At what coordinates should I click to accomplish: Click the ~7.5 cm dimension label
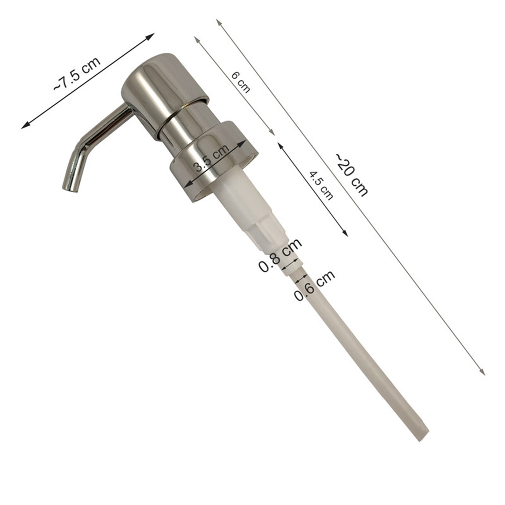[x=77, y=73]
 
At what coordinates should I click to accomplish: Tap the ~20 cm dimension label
[x=352, y=174]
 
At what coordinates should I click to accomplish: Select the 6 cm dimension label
[x=241, y=82]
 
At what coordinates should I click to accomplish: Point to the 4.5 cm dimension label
[x=321, y=186]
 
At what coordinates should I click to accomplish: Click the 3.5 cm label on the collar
[x=210, y=157]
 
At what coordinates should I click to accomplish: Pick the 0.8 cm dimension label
[x=280, y=255]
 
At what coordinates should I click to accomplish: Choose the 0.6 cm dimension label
[x=315, y=286]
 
